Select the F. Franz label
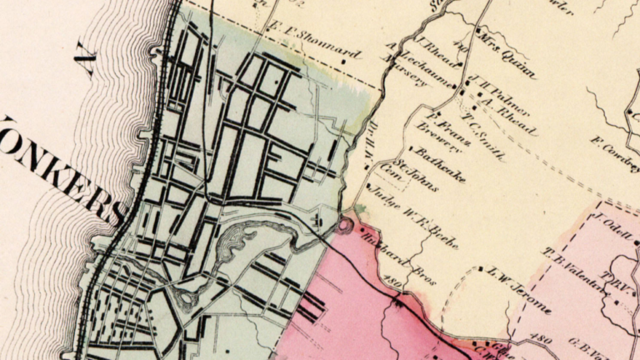point(451,126)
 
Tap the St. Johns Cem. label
point(411,176)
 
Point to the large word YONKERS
point(58,167)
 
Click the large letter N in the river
point(85,62)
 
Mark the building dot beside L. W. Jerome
point(482,268)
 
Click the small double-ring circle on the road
point(344,226)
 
